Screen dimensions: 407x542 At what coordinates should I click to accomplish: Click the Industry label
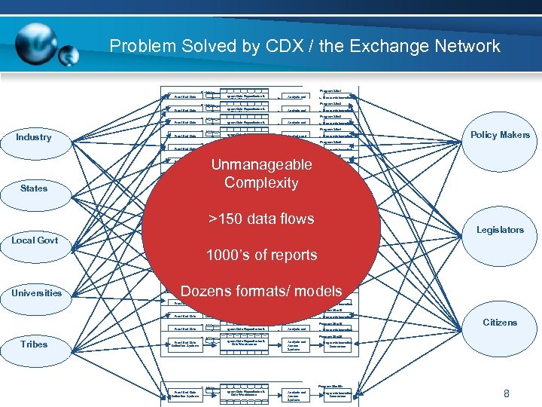tap(33, 137)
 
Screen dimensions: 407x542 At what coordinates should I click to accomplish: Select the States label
tap(33, 188)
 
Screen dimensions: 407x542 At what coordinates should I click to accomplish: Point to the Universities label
tap(36, 292)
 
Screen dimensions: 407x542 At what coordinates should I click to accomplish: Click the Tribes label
tap(33, 344)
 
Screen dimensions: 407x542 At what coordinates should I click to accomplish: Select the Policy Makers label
tap(500, 135)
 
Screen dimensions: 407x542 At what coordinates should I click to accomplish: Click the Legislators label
tap(500, 230)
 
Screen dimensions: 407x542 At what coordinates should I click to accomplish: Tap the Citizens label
tap(500, 323)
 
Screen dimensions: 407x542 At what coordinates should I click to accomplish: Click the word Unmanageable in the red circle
tap(261, 164)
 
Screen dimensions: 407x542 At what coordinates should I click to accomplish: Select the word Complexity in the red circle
tap(261, 182)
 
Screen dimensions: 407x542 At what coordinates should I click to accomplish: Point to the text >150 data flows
tap(261, 219)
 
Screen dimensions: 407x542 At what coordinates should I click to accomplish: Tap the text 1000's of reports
tap(261, 255)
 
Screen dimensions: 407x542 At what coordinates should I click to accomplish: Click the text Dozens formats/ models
tap(261, 291)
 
